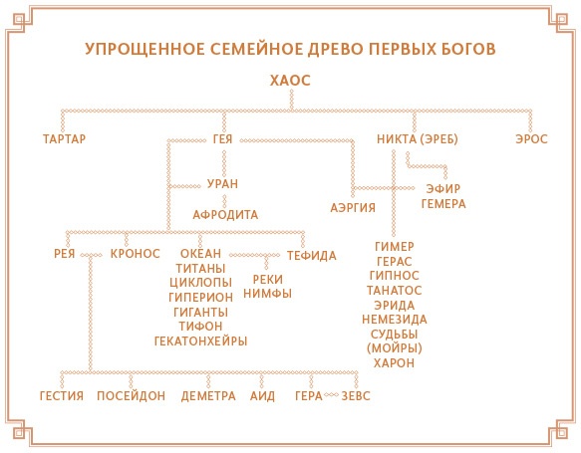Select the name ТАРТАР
(x=65, y=138)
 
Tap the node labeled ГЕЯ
(x=223, y=138)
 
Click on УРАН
(x=222, y=184)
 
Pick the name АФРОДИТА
(x=225, y=214)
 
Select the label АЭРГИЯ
(x=353, y=207)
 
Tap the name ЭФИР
(x=441, y=188)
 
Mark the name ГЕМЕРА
(x=443, y=204)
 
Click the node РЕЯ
(x=65, y=254)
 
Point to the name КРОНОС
(x=136, y=254)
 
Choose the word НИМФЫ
(x=266, y=294)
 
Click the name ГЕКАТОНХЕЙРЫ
(x=200, y=340)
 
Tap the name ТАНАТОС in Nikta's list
(x=395, y=290)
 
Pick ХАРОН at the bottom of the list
(x=395, y=363)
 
